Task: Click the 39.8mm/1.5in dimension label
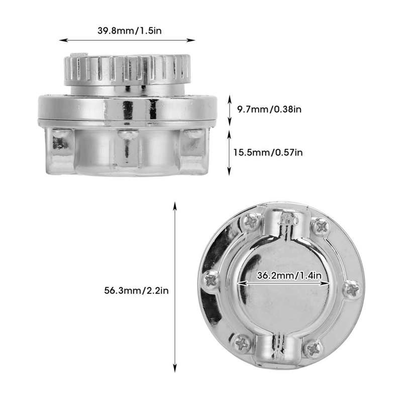tap(129, 31)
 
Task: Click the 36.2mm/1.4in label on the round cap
tap(283, 275)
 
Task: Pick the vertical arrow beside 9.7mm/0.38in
tap(230, 109)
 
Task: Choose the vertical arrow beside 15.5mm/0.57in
tap(230, 153)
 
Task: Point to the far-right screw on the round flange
tap(353, 289)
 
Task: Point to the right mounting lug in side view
tap(194, 143)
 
